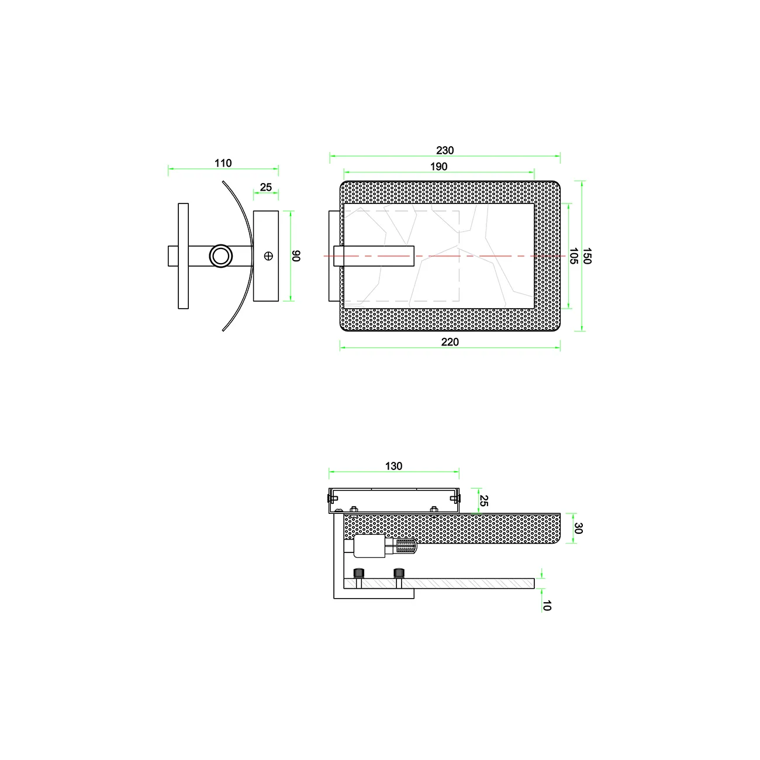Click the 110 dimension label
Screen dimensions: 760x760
click(x=223, y=163)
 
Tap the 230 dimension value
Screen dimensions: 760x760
click(x=445, y=150)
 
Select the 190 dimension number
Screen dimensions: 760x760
click(x=438, y=167)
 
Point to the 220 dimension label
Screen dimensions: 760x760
click(x=450, y=342)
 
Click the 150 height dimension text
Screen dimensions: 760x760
click(x=587, y=256)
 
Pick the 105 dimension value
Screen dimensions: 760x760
click(x=574, y=256)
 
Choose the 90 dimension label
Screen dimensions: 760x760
click(x=296, y=256)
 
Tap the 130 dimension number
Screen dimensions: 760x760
click(x=393, y=466)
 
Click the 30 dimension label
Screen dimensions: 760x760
click(x=578, y=528)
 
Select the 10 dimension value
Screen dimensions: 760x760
click(x=547, y=606)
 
